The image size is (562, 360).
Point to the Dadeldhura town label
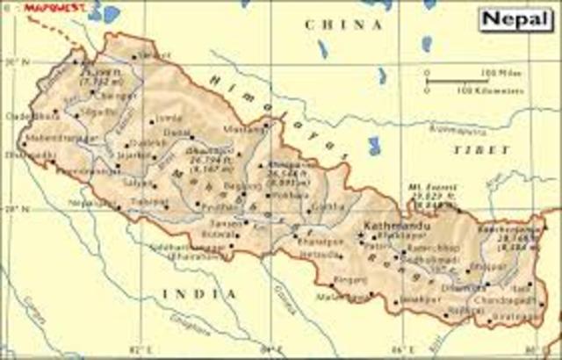(21, 114)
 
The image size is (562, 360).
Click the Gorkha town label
(327, 207)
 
